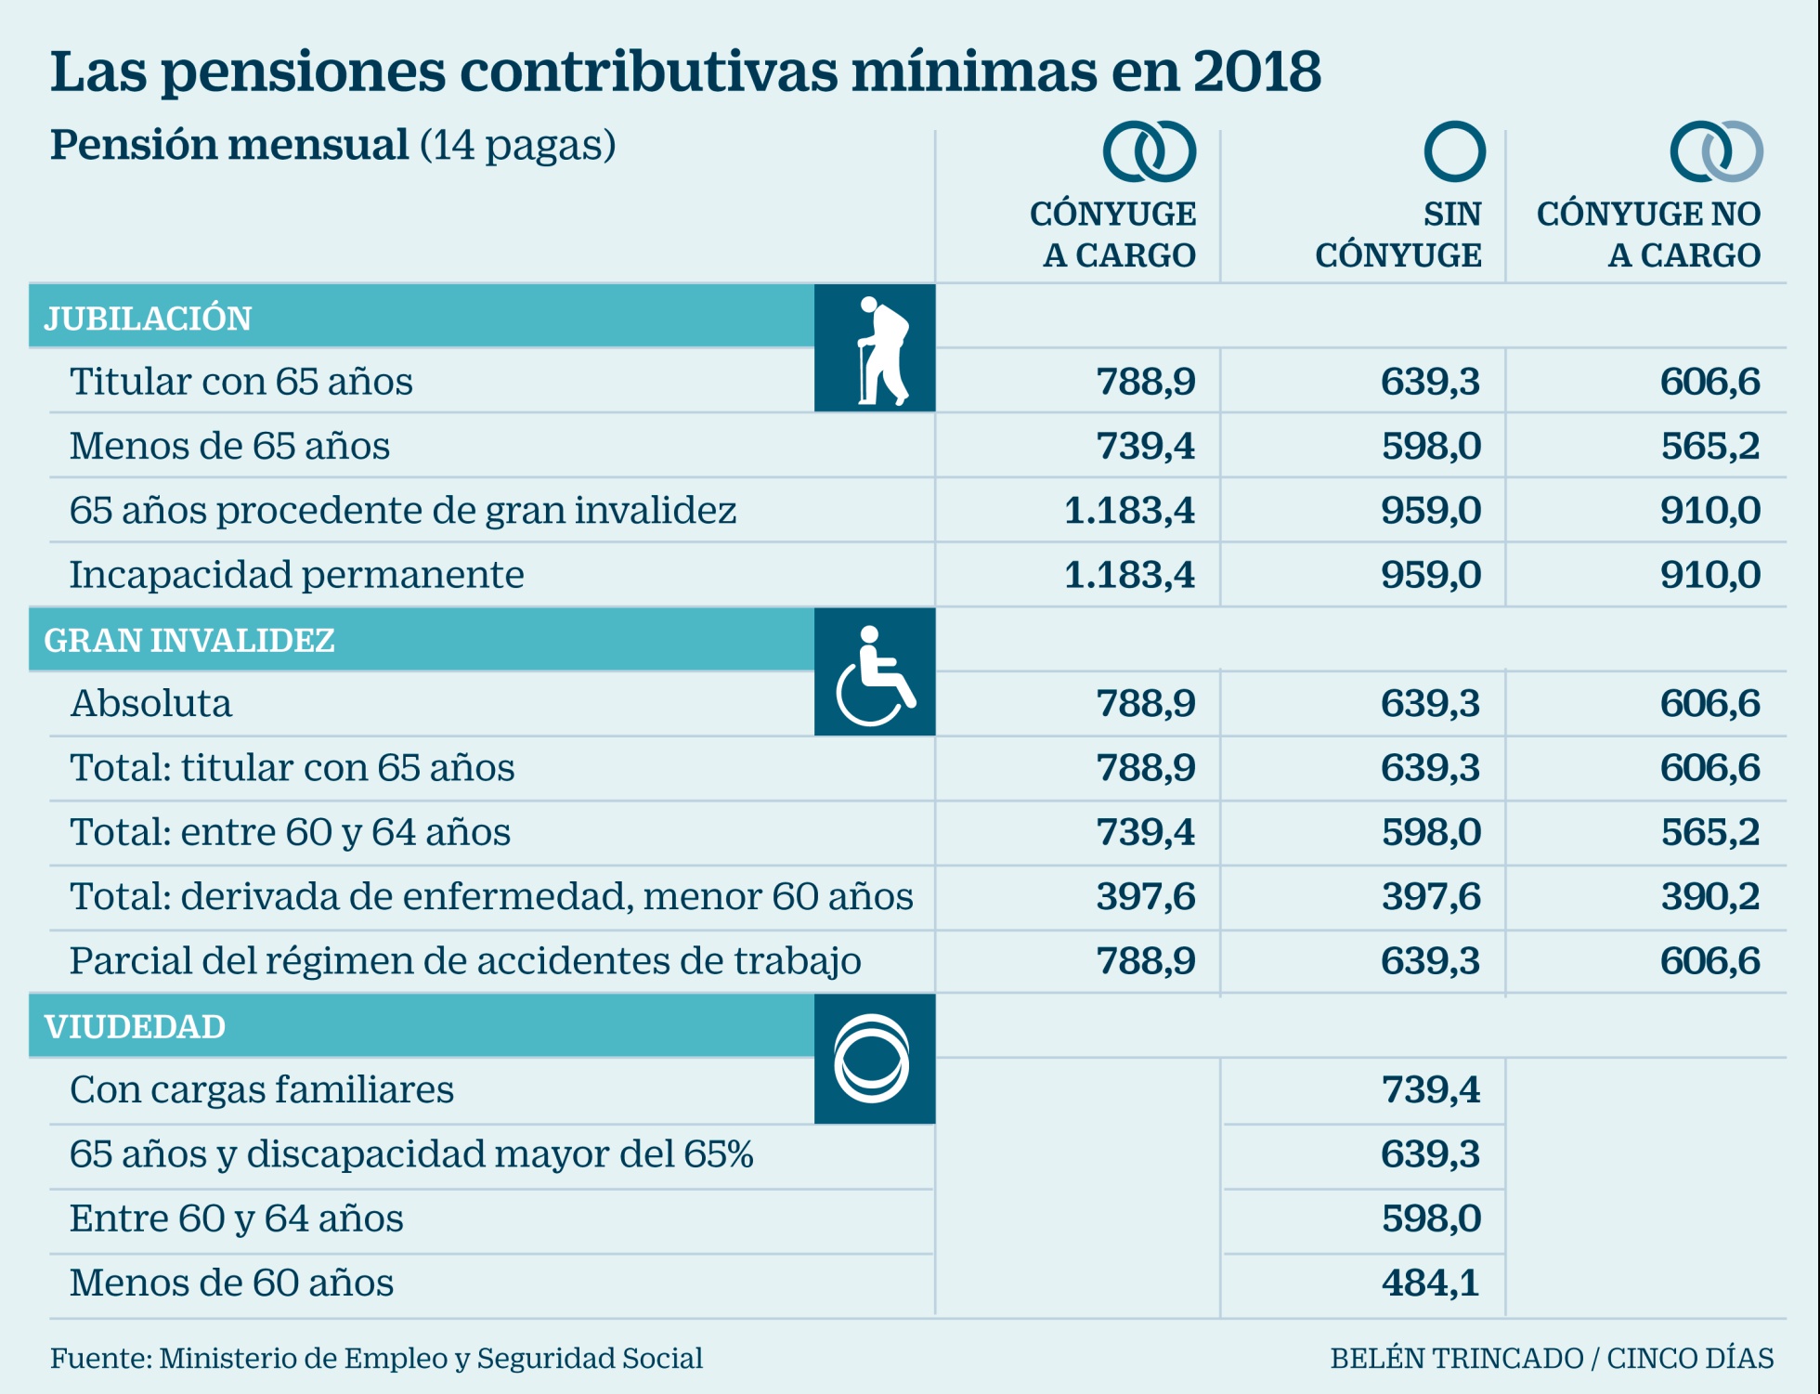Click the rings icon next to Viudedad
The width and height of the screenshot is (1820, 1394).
(871, 1059)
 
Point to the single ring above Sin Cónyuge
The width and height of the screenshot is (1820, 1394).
(1454, 151)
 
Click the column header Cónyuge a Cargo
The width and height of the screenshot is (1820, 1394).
(1113, 234)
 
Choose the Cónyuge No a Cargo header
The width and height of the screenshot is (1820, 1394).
(1649, 234)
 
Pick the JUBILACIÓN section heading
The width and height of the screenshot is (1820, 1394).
(149, 319)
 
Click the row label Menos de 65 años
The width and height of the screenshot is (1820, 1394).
(229, 446)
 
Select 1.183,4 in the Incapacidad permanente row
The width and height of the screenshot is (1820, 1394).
(1129, 575)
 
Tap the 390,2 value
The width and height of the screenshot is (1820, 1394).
(1709, 896)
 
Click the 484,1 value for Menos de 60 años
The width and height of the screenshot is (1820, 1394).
(1430, 1283)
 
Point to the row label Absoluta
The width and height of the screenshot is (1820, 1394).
(151, 704)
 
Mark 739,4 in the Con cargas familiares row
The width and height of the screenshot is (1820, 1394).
(1430, 1089)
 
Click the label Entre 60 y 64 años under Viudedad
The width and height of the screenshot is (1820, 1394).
(237, 1218)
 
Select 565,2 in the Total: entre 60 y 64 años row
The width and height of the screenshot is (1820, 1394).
(1709, 832)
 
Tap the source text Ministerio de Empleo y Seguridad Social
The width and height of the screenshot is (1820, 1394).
(431, 1358)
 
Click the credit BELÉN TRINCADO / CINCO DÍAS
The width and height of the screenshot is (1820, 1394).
(1552, 1358)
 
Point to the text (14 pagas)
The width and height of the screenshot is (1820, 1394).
(518, 145)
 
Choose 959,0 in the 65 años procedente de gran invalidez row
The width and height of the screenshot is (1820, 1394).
(1430, 511)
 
